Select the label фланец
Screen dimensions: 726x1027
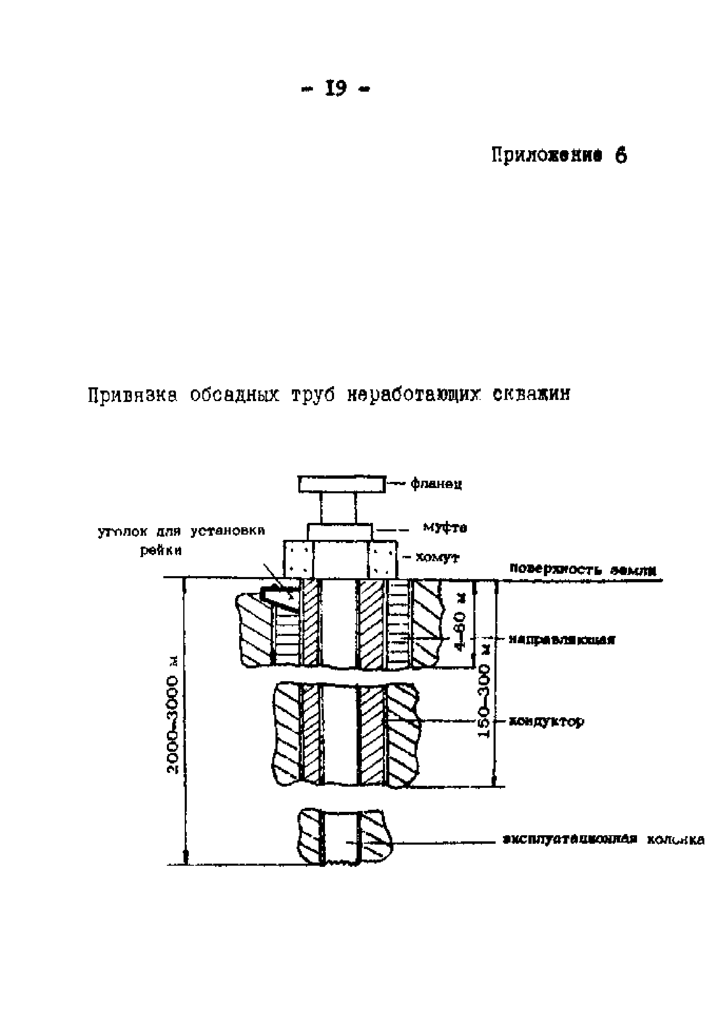pos(436,484)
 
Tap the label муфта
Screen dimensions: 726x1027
pos(445,528)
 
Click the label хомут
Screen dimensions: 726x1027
pos(437,557)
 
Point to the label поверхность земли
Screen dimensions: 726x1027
pos(583,570)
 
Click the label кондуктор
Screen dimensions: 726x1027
pos(547,721)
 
